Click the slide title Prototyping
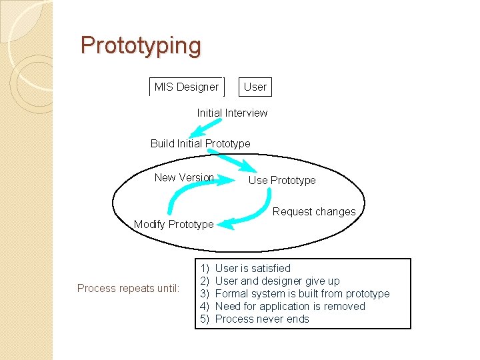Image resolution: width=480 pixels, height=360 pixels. [x=141, y=46]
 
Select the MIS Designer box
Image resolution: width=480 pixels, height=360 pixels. [x=187, y=87]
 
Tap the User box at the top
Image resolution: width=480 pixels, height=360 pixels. [x=255, y=87]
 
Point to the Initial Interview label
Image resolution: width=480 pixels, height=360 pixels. [x=232, y=113]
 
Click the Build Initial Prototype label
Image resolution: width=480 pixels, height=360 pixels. [x=201, y=143]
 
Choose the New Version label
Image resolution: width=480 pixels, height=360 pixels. [x=184, y=177]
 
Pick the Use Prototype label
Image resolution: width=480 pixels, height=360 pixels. [x=282, y=180]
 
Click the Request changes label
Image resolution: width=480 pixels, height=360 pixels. [x=314, y=212]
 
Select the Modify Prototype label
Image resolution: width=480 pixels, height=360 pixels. [x=174, y=224]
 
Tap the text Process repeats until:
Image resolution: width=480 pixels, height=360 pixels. [x=128, y=288]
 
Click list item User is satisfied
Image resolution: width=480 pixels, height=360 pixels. [x=253, y=268]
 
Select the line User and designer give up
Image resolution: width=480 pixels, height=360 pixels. [x=277, y=281]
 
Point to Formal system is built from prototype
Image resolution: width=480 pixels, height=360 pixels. [x=303, y=293]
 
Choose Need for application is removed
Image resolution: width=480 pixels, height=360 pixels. [x=290, y=306]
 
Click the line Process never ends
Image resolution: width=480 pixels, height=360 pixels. [x=262, y=319]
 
